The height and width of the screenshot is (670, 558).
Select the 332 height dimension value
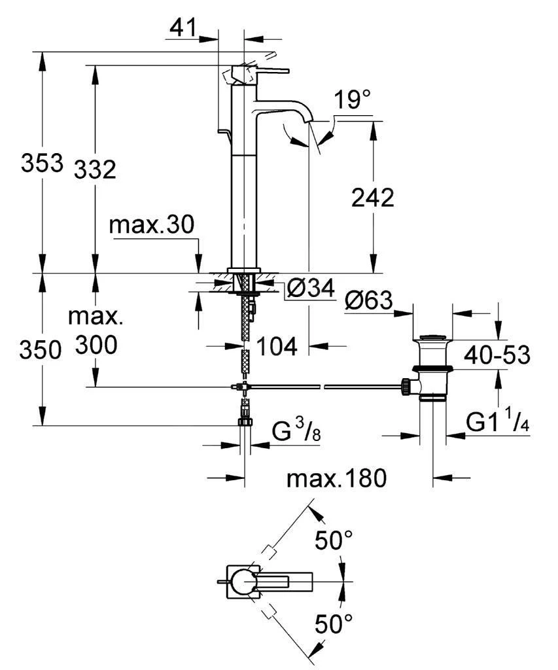(95, 169)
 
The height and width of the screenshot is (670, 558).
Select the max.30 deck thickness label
(151, 226)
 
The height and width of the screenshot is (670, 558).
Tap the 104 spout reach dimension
(276, 345)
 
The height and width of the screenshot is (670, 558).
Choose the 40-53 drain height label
(497, 355)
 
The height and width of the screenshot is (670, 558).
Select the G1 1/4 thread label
(497, 422)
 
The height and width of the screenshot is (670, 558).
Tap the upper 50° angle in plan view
(334, 540)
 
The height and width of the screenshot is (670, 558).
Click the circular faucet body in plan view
(245, 580)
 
